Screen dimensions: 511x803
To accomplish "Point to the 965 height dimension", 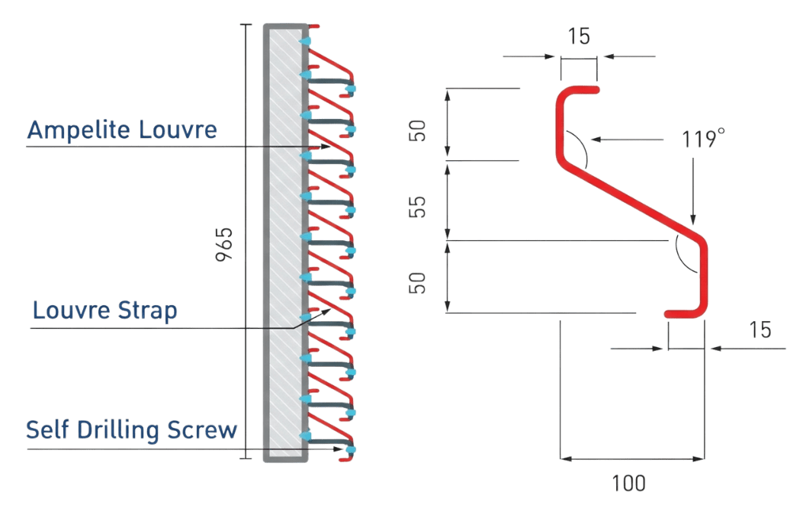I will [223, 244].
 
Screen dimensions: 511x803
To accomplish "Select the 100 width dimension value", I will [629, 483].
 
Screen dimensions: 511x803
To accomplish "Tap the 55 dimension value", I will [418, 204].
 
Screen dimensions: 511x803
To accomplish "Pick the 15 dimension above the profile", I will [580, 36].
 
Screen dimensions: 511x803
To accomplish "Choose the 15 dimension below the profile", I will [759, 329].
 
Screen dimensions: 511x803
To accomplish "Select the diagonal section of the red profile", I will [633, 201].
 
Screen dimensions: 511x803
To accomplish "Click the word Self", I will [50, 430].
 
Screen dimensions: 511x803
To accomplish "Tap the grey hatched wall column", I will [285, 244].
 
